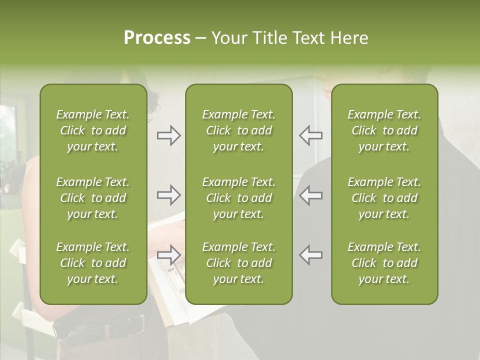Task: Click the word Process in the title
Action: point(157,38)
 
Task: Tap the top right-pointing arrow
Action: point(169,135)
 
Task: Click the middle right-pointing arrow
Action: point(169,195)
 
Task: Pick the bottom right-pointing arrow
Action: point(169,255)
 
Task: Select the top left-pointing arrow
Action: point(310,135)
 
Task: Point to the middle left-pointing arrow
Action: point(310,195)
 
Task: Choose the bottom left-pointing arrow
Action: point(310,255)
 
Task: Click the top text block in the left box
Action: point(93,130)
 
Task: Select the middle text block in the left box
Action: point(93,198)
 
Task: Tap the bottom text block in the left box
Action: point(93,263)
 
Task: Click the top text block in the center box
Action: point(238,130)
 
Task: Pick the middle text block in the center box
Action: point(238,198)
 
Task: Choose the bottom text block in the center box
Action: point(238,263)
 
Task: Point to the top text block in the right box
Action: point(384,130)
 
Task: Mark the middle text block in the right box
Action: point(384,198)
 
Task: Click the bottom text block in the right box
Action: point(384,263)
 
